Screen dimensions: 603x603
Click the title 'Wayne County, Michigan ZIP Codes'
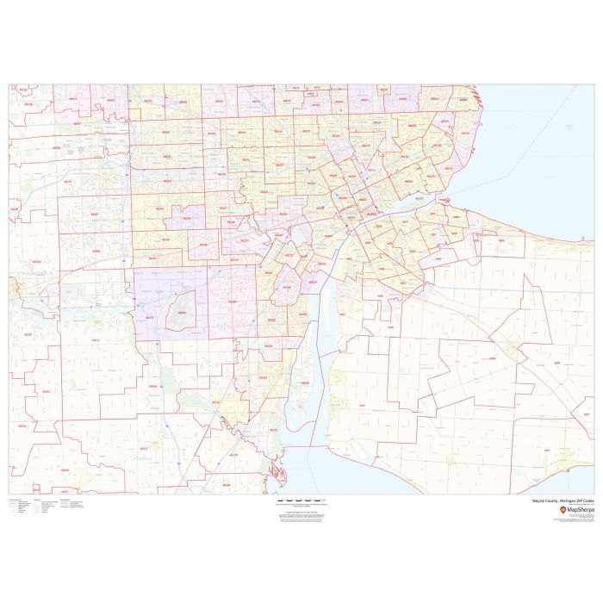click(x=560, y=500)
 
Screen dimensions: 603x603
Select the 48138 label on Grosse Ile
click(x=305, y=382)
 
